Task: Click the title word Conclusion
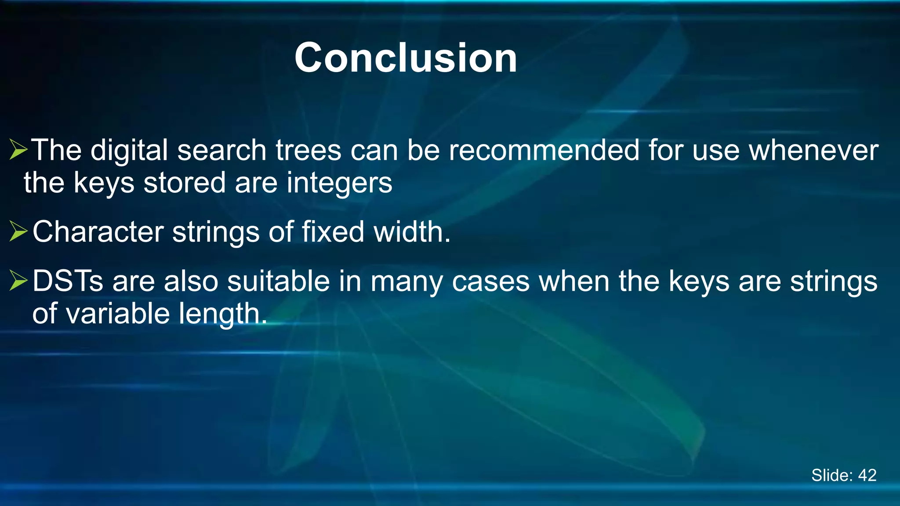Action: tap(406, 58)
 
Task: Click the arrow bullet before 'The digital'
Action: tap(18, 150)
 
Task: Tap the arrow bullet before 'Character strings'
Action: tap(18, 231)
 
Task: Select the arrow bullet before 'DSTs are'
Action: tap(18, 281)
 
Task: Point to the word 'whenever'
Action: tap(813, 150)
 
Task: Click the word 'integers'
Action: tap(339, 183)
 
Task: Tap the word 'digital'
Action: tap(129, 150)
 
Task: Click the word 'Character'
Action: tap(98, 232)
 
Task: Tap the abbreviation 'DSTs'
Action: tap(68, 281)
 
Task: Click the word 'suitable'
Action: tap(278, 281)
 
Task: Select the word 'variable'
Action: tap(118, 314)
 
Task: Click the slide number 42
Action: tap(867, 475)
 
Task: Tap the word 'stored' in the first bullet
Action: tap(184, 183)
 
